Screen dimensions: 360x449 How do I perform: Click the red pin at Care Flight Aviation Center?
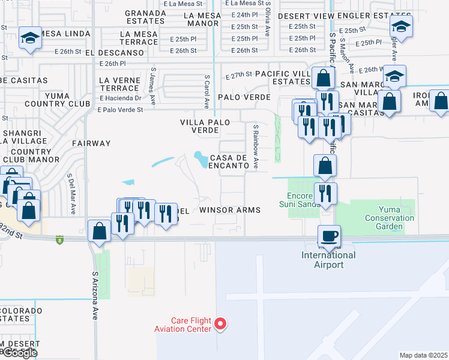[x=220, y=323]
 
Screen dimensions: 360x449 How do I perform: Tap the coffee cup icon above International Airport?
[x=329, y=235]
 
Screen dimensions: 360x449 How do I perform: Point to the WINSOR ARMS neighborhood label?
[x=230, y=210]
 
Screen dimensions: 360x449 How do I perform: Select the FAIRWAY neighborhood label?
[x=91, y=143]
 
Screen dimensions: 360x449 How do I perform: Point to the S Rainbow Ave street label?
[x=256, y=146]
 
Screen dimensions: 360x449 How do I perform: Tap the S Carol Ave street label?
[x=206, y=92]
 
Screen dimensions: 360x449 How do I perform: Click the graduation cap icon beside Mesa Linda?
[x=29, y=38]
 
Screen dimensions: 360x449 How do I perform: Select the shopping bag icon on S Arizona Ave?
[x=99, y=231]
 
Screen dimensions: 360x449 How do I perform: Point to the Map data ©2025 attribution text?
[x=423, y=355]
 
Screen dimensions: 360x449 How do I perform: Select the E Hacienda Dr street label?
[x=120, y=98]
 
